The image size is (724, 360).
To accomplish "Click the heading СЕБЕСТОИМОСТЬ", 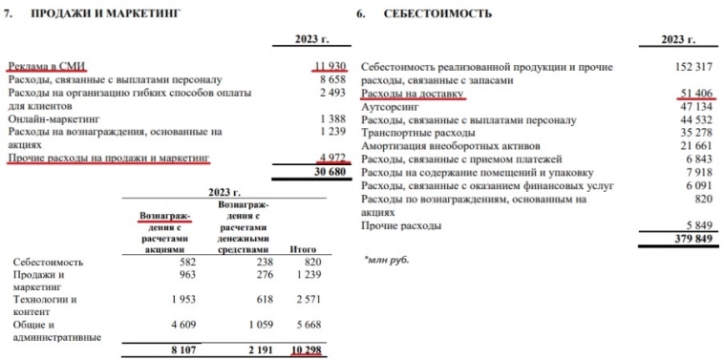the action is point(437,14).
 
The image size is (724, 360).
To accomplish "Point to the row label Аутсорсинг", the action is point(394,107).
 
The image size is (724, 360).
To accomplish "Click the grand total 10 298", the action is point(305,350).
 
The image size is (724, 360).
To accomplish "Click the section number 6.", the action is point(360,14).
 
